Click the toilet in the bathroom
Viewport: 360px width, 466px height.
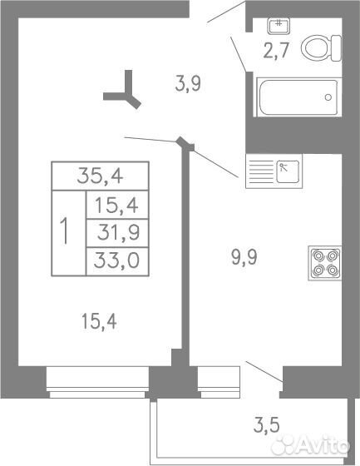point(321,48)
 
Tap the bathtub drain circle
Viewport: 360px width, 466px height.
point(328,97)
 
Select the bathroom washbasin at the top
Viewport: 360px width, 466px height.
point(279,25)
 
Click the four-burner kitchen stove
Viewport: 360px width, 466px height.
point(325,263)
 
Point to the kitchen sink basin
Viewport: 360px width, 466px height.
point(288,171)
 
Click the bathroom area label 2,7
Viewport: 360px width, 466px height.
point(276,51)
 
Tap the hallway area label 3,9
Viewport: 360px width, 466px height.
point(188,83)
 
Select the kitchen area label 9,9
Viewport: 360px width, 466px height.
point(244,257)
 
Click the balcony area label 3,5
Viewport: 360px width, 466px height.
point(266,425)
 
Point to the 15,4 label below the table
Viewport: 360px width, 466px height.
point(99,321)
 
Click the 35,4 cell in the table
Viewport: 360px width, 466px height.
point(100,176)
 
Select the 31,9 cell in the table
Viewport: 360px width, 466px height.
point(117,233)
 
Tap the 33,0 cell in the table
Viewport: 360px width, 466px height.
point(117,261)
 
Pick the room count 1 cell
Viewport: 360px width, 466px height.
point(69,233)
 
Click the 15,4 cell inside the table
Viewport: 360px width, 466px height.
point(117,205)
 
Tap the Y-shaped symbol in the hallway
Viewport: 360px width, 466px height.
point(124,92)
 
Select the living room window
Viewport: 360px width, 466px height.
point(97,382)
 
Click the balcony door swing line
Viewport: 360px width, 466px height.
point(264,371)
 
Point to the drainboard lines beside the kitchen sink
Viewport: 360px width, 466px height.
point(261,171)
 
